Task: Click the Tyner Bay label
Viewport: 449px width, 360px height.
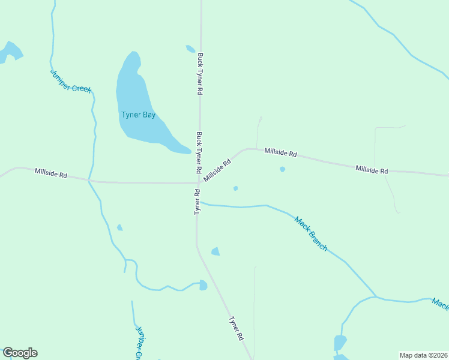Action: pos(138,115)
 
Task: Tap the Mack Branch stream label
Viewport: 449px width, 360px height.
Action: pos(310,233)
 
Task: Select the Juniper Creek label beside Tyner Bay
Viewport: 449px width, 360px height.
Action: pos(71,81)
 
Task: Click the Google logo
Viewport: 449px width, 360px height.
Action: pos(20,353)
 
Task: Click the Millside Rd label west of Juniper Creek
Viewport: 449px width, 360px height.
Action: pos(50,173)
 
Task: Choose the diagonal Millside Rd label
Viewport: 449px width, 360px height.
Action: pos(217,170)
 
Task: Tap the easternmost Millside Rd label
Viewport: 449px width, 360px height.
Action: pos(372,170)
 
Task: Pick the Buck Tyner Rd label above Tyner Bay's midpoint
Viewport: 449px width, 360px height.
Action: pos(200,74)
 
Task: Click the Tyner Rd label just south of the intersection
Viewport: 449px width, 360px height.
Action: pos(196,202)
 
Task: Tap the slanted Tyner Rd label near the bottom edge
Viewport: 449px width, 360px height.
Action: pos(236,329)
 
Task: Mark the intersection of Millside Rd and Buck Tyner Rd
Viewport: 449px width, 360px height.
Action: pos(199,182)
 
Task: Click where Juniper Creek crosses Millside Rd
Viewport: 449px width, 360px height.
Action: pos(89,179)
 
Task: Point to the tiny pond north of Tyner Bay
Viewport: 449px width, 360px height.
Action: pos(190,49)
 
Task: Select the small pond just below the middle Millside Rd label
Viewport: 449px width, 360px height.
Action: pos(282,169)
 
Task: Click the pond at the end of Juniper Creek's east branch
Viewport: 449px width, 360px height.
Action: pos(203,285)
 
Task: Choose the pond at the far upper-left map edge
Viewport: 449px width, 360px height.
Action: pos(10,52)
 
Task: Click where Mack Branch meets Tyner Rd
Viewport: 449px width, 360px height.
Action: pos(198,203)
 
